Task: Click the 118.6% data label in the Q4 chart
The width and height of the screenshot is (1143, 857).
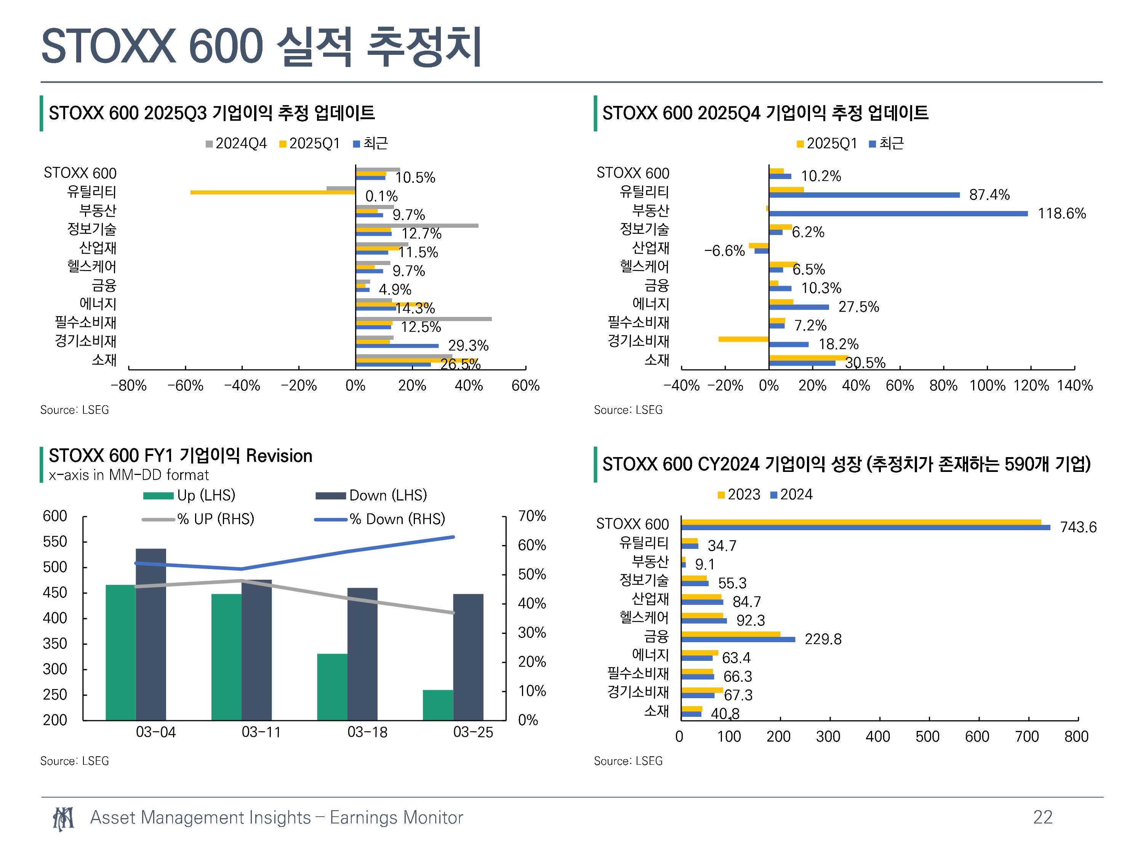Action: pyautogui.click(x=1061, y=213)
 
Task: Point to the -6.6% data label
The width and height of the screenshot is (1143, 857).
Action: pyautogui.click(x=724, y=251)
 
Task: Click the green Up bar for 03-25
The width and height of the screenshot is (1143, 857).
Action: pyautogui.click(x=438, y=705)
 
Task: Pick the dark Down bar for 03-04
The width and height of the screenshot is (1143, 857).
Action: pyautogui.click(x=151, y=634)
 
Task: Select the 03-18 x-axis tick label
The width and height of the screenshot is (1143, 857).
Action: pyautogui.click(x=367, y=732)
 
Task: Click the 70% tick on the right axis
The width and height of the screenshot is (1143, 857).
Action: pyautogui.click(x=532, y=516)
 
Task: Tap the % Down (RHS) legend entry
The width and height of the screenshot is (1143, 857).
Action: pyautogui.click(x=380, y=519)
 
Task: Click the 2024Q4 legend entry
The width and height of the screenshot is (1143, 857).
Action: pyautogui.click(x=236, y=144)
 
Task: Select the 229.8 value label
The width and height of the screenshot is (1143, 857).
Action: pyautogui.click(x=823, y=639)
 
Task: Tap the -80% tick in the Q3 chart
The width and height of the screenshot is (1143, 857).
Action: pyautogui.click(x=129, y=385)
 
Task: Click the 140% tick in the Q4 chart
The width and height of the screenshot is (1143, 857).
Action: pyautogui.click(x=1075, y=385)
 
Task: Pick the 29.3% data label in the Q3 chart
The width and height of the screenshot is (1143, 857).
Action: pyautogui.click(x=468, y=345)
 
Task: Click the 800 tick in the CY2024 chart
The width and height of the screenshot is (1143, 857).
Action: pyautogui.click(x=1076, y=736)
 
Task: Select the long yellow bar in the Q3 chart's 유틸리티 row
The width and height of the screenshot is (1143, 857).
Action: pyautogui.click(x=273, y=193)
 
